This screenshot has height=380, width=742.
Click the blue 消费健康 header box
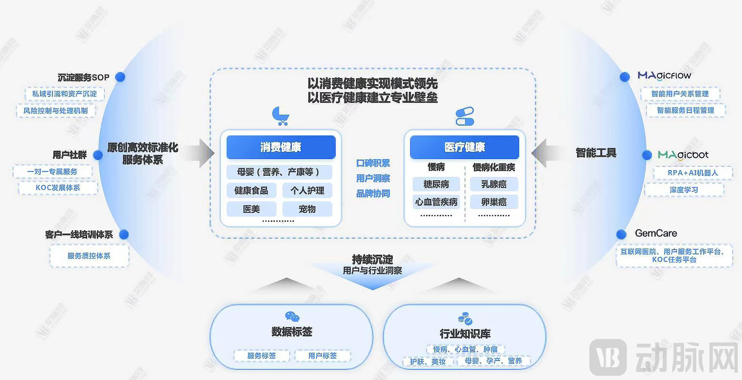click(x=281, y=147)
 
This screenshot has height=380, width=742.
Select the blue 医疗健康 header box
click(x=464, y=147)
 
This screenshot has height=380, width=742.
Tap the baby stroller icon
click(x=280, y=116)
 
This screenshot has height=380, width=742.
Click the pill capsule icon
click(x=465, y=116)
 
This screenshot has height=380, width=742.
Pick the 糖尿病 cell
click(x=436, y=184)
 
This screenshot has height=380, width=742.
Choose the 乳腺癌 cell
click(x=493, y=184)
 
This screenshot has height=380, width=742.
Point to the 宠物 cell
click(x=307, y=209)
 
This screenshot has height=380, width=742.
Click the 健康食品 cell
click(x=251, y=190)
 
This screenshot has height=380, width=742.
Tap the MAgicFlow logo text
click(x=664, y=76)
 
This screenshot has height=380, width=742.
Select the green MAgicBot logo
click(x=683, y=155)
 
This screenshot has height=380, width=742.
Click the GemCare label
click(x=656, y=233)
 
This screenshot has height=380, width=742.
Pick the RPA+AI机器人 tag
click(x=693, y=173)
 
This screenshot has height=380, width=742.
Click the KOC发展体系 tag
click(x=58, y=187)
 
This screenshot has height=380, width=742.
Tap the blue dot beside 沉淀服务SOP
click(x=120, y=77)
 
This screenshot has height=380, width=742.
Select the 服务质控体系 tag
click(x=89, y=256)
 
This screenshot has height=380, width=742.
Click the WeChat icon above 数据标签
click(x=292, y=317)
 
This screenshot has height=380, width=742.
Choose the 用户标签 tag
click(x=322, y=355)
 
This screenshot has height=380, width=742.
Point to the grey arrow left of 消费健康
click(x=200, y=153)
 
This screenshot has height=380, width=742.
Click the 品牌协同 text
click(x=373, y=193)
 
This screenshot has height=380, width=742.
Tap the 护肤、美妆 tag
click(x=427, y=361)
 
